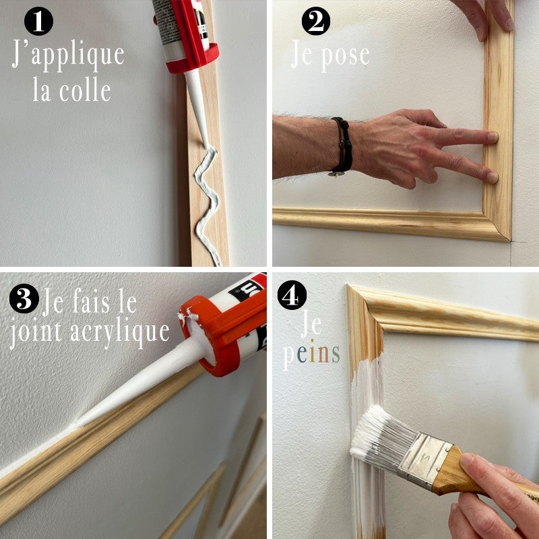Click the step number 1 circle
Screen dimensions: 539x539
[39, 22]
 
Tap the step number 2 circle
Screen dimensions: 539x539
[315, 22]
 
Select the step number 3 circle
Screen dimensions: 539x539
[24, 299]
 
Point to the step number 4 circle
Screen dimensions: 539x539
[292, 296]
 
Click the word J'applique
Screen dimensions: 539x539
[68, 55]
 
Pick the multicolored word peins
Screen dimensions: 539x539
[311, 353]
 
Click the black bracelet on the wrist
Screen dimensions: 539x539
[343, 144]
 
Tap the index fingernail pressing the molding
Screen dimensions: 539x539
[493, 137]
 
